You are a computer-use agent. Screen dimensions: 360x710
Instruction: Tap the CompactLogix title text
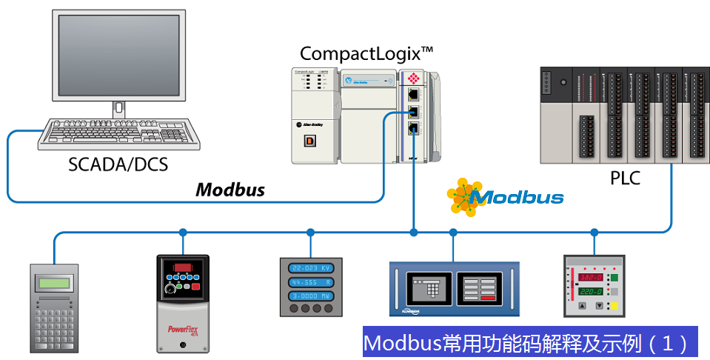point(366,53)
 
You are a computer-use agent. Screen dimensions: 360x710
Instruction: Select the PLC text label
point(625,179)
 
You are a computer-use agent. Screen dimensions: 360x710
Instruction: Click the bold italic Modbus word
point(230,190)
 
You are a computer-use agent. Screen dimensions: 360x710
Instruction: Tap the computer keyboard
point(119,134)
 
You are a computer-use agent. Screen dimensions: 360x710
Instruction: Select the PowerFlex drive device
point(183,303)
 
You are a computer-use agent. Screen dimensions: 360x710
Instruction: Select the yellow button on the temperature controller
point(613,306)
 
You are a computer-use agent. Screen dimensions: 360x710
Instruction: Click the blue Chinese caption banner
point(530,344)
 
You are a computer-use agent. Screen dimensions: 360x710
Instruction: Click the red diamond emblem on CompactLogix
point(414,78)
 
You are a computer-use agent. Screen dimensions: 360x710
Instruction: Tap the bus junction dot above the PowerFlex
point(183,232)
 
